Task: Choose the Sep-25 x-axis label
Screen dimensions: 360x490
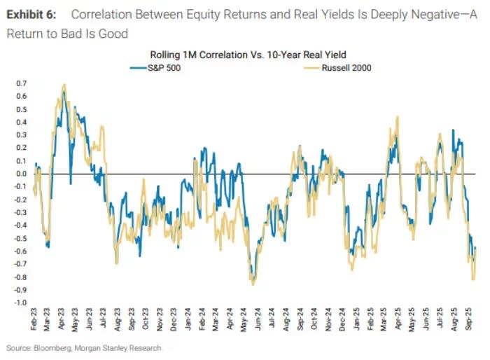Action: [468, 324]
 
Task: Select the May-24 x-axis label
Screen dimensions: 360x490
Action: [242, 324]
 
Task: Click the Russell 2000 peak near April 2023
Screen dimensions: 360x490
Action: [64, 85]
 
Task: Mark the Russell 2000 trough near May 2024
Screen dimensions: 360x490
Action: [253, 284]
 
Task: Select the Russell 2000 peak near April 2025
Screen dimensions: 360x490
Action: [398, 117]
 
